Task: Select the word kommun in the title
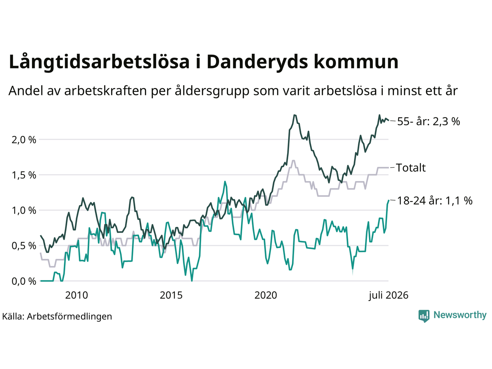356,61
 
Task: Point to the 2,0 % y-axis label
24,140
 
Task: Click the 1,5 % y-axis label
24,175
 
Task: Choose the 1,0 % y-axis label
24,211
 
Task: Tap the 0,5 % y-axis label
24,246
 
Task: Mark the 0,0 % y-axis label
24,282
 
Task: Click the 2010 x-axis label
76,296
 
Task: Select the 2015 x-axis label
171,296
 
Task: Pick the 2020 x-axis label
266,296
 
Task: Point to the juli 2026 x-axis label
389,296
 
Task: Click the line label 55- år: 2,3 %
429,122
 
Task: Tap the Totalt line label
411,168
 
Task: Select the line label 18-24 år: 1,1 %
435,201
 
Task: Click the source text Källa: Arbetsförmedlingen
57,317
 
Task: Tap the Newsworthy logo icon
424,316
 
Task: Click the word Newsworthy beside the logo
460,315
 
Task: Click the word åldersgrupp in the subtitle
212,91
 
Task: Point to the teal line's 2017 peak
225,181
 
